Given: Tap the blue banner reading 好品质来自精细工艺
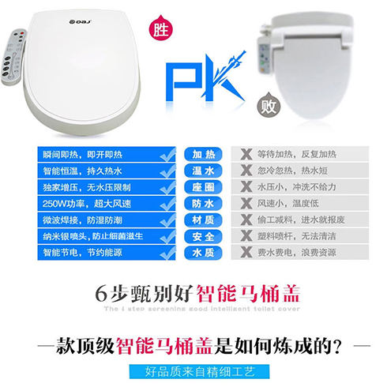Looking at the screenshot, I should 193,371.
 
